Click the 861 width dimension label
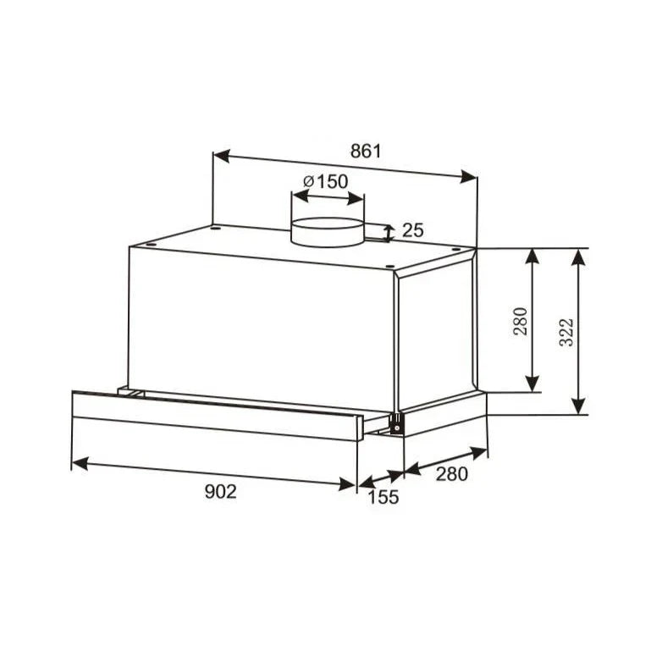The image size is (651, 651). [366, 152]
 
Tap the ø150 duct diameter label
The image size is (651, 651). [325, 181]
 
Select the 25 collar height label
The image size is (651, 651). [412, 230]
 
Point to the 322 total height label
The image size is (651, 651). [566, 332]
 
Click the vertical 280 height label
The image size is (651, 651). [521, 322]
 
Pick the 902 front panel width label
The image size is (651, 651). [220, 492]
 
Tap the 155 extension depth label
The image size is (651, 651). [383, 497]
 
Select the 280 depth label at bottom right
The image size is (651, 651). [452, 474]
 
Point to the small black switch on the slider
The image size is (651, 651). [396, 425]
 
